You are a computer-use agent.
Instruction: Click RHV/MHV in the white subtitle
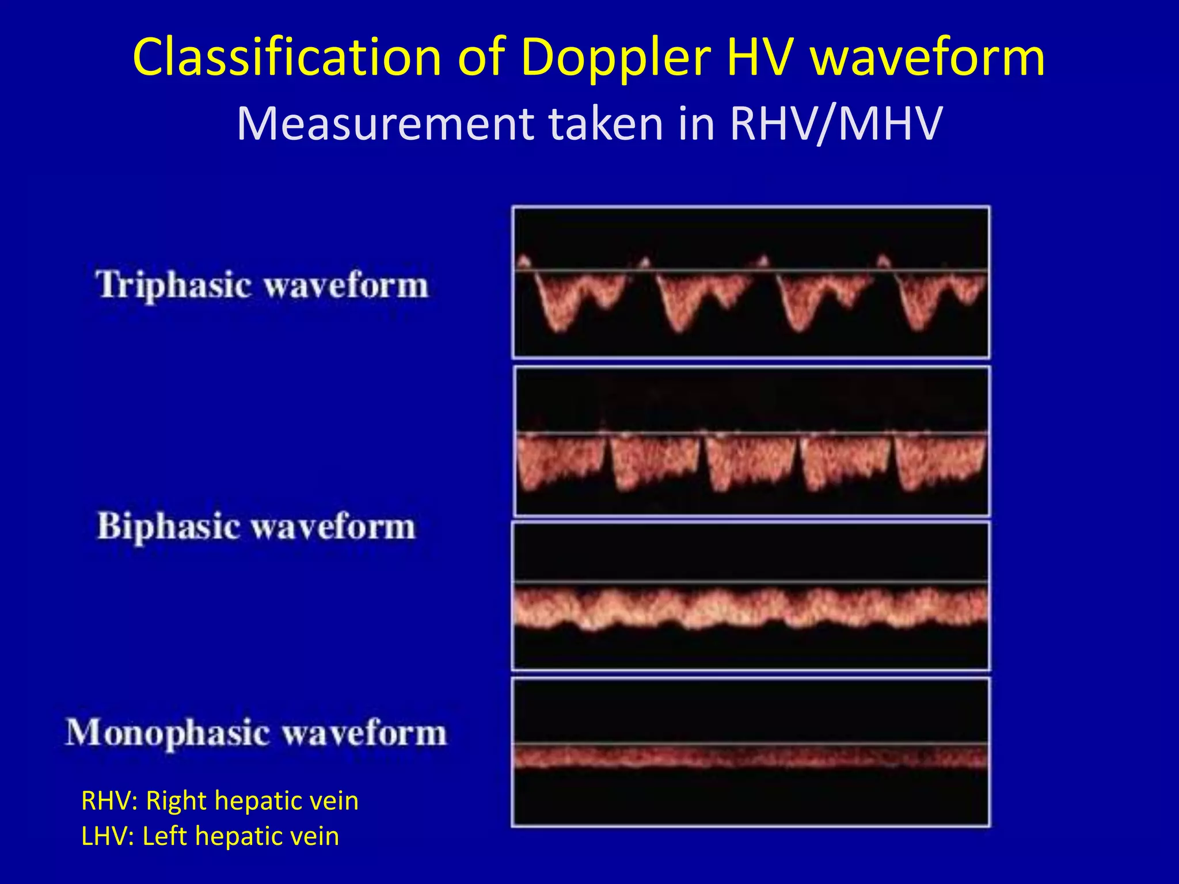835,123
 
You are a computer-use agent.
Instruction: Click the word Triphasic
173,285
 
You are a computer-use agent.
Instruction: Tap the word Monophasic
168,733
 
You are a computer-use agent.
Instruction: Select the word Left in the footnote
165,836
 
